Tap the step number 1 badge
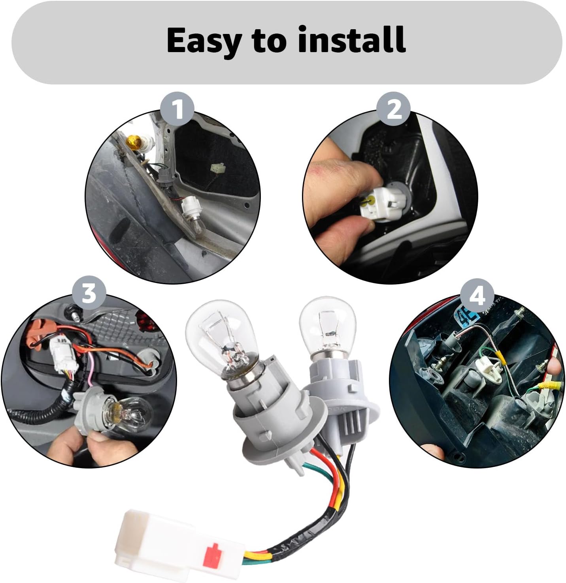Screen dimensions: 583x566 pyautogui.click(x=178, y=109)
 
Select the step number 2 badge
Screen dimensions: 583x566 pyautogui.click(x=394, y=109)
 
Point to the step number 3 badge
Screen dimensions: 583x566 pyautogui.click(x=89, y=293)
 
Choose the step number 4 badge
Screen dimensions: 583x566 pyautogui.click(x=477, y=295)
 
